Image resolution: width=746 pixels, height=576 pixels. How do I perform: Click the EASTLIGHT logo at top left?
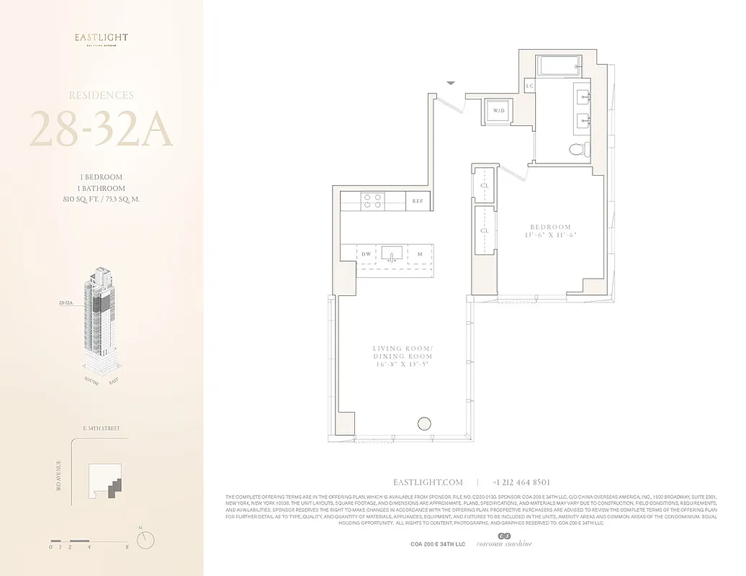coord(102,38)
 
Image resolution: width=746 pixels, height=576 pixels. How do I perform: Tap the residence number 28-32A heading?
coord(101,129)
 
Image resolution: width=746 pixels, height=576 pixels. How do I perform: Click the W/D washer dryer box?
coord(498,112)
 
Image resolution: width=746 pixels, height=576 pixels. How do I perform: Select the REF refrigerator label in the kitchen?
coord(417,202)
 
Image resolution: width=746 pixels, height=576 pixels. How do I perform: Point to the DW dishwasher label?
coord(367,253)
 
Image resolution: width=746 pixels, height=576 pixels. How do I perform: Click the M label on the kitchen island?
coord(419,253)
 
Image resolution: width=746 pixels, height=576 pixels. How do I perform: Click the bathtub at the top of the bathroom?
coord(555,66)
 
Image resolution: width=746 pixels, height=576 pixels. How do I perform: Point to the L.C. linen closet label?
coord(530,86)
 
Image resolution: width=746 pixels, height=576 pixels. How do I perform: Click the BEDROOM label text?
coord(551,227)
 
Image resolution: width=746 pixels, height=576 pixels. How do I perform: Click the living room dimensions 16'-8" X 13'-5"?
coord(403,365)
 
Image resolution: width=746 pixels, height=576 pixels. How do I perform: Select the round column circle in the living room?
coord(425,423)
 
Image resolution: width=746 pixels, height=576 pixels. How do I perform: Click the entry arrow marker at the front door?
coord(451,84)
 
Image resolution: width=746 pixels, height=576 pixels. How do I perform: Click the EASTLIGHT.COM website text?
coord(428,482)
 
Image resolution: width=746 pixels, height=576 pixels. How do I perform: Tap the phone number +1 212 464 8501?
coord(521,482)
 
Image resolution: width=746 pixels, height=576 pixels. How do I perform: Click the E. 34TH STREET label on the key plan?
coord(102,428)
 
